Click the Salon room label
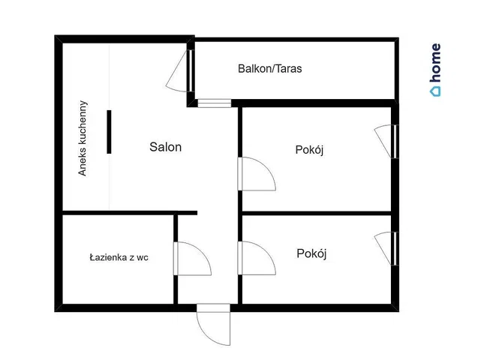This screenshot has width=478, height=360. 166,147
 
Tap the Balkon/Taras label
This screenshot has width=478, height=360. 270,68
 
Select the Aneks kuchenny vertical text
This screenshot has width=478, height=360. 83,138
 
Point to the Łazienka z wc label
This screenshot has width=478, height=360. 119,258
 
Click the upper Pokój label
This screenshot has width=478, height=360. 309,150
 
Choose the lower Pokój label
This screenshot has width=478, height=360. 311,253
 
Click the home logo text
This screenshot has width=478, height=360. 436,63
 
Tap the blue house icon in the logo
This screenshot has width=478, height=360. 435,91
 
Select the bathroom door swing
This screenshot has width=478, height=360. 193,259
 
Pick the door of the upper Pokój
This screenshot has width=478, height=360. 257,174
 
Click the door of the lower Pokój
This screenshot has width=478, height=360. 257,258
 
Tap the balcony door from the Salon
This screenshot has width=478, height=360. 180,71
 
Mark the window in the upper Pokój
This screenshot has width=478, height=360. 386,141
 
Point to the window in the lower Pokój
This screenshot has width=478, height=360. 386,248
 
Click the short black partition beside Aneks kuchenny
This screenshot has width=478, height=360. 109,132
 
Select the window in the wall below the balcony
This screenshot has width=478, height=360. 215,103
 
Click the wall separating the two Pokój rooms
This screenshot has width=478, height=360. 317,213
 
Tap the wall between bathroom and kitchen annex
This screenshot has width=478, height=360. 130,213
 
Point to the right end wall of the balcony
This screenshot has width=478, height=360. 397,70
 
